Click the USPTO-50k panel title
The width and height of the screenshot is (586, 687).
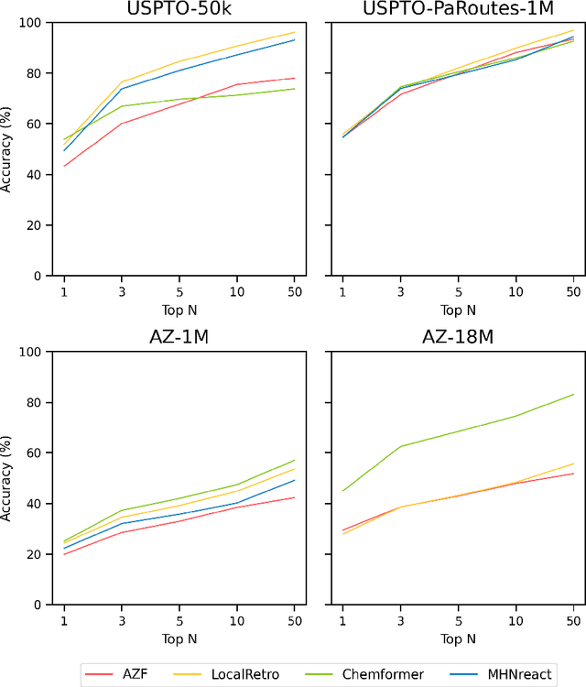[x=179, y=10]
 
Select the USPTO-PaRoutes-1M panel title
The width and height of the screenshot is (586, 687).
[x=458, y=10]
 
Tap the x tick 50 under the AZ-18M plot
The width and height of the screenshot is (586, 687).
[x=573, y=620]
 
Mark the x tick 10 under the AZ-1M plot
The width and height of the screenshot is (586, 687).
[x=236, y=620]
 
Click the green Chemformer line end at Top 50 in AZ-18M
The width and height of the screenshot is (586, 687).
[x=573, y=394]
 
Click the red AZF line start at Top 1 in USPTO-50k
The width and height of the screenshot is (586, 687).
[x=63, y=166]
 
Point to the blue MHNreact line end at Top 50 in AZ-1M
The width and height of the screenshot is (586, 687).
[x=294, y=480]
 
